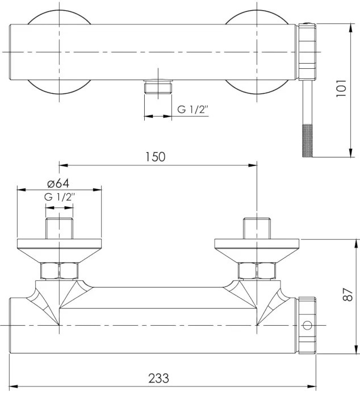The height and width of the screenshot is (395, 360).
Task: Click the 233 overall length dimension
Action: (x=158, y=378)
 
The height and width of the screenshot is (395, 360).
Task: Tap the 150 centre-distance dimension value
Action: (x=156, y=157)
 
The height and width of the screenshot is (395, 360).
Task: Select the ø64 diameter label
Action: (x=58, y=184)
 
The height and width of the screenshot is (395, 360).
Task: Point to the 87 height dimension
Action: (x=348, y=294)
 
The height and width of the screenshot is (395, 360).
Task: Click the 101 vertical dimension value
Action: (x=341, y=88)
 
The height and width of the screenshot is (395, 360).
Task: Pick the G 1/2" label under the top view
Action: (x=193, y=110)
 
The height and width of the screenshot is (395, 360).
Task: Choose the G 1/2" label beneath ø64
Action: (x=60, y=197)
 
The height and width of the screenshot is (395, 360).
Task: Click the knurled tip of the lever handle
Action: (x=307, y=140)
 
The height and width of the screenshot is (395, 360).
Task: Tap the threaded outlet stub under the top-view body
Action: (x=158, y=87)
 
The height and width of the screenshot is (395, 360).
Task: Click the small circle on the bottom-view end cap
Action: (x=307, y=325)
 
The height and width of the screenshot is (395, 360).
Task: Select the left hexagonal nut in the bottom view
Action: (x=59, y=271)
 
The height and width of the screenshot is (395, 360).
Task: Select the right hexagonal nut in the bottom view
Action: (x=257, y=271)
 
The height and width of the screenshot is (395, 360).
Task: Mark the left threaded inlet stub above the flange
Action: (x=59, y=228)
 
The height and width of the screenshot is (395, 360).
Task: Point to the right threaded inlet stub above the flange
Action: (x=257, y=228)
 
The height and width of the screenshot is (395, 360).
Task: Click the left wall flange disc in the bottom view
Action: (x=59, y=251)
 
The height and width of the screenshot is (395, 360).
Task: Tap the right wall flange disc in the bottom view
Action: (x=257, y=251)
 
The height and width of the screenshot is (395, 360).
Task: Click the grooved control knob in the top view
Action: (x=307, y=52)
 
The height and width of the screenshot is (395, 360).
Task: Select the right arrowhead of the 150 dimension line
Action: (x=253, y=165)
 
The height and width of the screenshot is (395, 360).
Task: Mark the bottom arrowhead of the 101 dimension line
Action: (x=351, y=153)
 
